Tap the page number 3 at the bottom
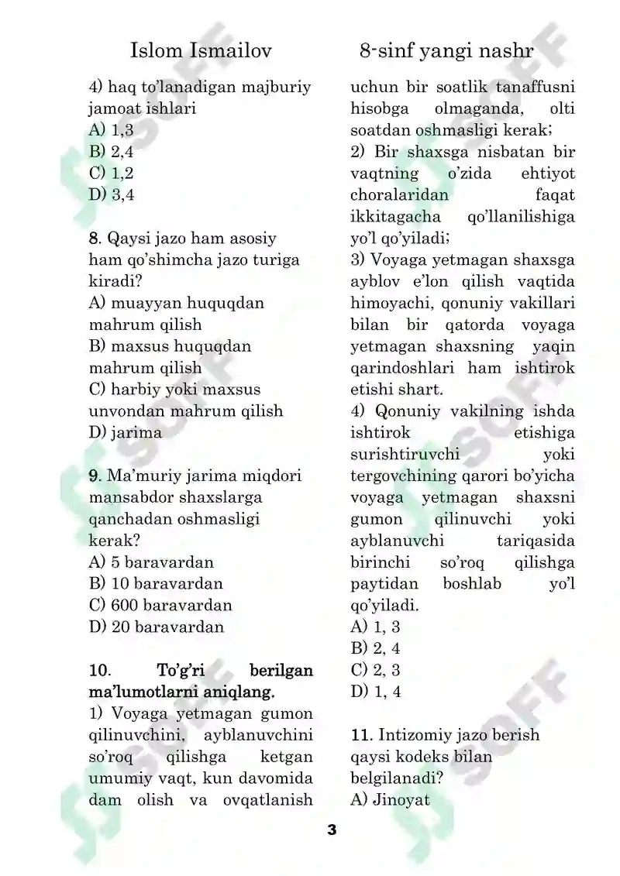click(x=332, y=830)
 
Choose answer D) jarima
click(x=126, y=432)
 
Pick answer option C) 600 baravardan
click(x=160, y=605)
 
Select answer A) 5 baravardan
click(x=151, y=562)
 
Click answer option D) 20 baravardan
click(x=157, y=627)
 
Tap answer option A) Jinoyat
click(x=390, y=799)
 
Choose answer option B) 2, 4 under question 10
click(x=375, y=648)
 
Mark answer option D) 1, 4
click(x=375, y=691)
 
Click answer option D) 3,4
click(x=112, y=194)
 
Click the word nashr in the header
click(x=507, y=52)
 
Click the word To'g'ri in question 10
click(x=182, y=669)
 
